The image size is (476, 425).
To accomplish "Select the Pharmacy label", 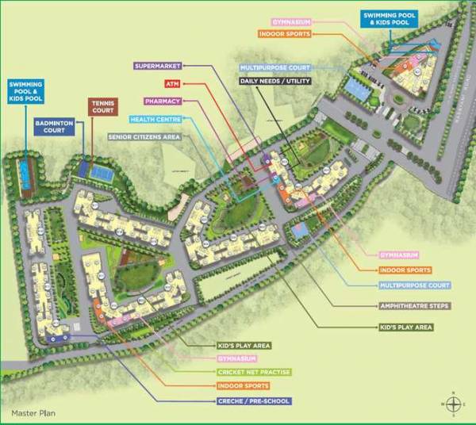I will tap(163, 101).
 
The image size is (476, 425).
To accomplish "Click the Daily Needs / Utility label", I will tap(275, 81).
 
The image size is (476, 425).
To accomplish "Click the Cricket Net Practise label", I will tap(254, 372).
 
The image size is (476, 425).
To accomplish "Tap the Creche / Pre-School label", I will tap(254, 402).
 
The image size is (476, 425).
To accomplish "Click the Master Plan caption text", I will tap(31, 414).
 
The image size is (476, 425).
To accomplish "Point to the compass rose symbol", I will tap(452, 404).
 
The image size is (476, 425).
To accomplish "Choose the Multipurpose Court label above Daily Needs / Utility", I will tap(274, 68).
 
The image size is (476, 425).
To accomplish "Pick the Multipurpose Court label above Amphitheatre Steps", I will tap(414, 285).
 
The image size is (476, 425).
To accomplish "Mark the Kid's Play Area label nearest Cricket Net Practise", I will tap(244, 346).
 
